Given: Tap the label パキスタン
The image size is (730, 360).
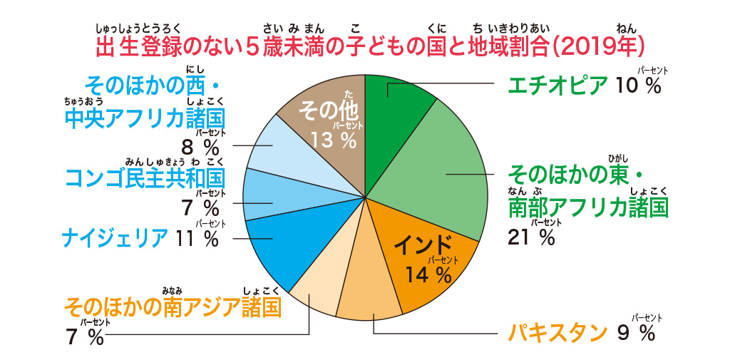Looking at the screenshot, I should coord(557,333).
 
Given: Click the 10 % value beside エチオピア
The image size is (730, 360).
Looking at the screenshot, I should coord(639,86).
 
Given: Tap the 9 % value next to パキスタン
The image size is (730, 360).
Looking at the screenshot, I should coord(636,333).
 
